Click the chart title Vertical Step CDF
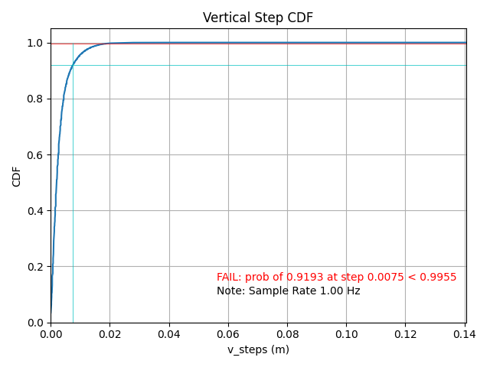258,18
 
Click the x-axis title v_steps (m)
258,349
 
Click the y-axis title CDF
17,176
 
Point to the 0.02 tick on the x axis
109,334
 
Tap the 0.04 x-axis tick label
169,334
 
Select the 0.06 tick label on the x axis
228,334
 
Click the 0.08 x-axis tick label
287,334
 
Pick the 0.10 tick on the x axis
347,334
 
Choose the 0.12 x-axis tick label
406,334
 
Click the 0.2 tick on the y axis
36,267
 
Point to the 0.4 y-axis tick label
36,211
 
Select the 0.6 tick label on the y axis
36,155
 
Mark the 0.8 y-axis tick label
36,99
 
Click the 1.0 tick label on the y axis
36,44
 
